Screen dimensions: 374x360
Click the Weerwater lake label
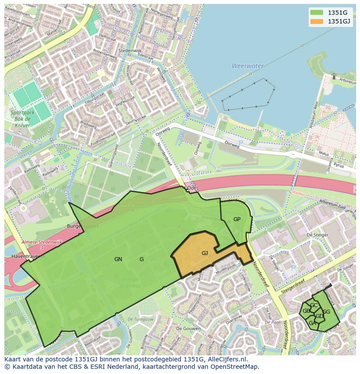[x=247, y=66]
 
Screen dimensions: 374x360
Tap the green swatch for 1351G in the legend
[x=317, y=12]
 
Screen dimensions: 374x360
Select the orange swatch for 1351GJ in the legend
[x=317, y=21]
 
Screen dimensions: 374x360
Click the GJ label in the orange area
[x=205, y=253]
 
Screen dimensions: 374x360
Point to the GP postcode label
[x=237, y=219]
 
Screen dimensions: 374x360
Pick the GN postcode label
[x=118, y=259]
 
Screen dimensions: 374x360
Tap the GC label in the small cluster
[x=313, y=305]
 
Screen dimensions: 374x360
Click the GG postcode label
[x=326, y=312]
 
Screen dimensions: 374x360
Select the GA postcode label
[x=312, y=323]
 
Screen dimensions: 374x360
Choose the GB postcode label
[x=306, y=311]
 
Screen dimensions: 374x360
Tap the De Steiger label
[x=316, y=235]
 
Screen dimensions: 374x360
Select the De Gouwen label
[x=185, y=329]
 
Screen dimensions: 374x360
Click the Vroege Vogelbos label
[x=131, y=282]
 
